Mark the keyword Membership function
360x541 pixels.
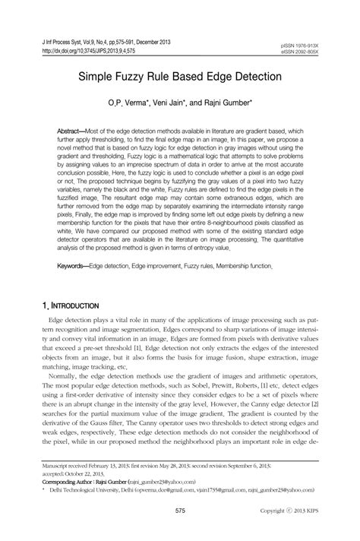242,267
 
